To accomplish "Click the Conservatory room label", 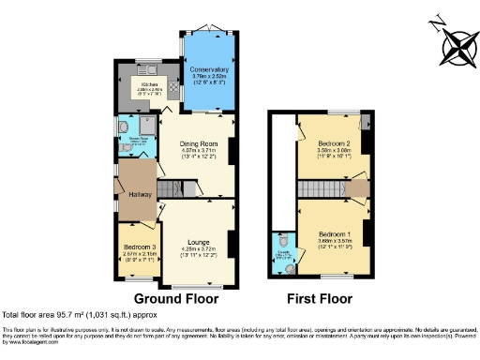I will click(210, 68).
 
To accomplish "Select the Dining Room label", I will click(198, 143).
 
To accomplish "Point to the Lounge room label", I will click(198, 239).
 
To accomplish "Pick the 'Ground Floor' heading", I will click(175, 299).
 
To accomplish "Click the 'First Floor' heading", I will click(322, 299).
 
